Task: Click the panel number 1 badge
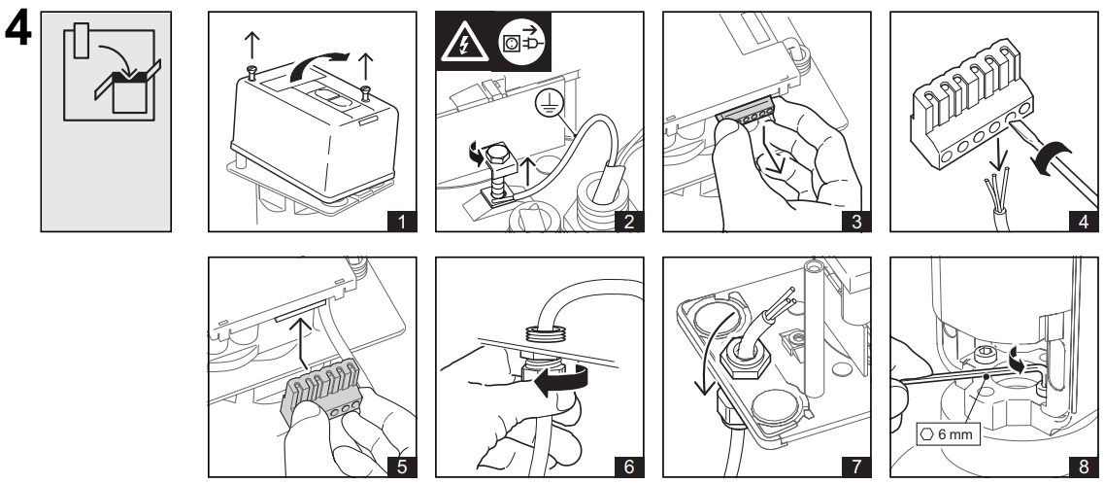tap(401, 221)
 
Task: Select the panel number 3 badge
tap(855, 221)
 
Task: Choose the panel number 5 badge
tap(401, 466)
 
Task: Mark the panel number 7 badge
tap(855, 466)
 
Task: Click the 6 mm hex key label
tap(948, 433)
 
